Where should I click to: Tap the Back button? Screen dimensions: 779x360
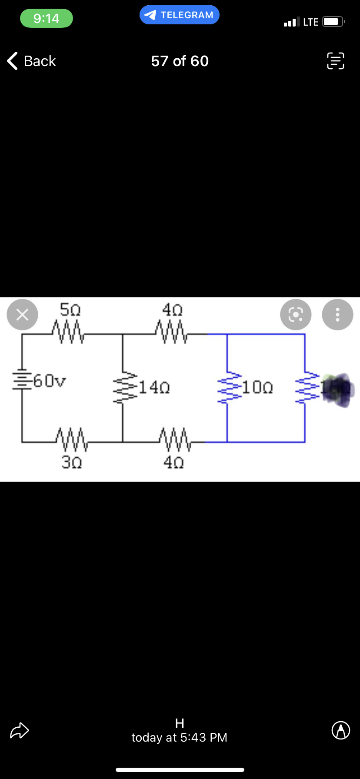[32, 61]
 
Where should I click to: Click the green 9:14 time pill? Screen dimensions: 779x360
[47, 18]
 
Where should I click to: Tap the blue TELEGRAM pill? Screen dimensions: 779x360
[180, 15]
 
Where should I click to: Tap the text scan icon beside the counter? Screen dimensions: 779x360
[335, 61]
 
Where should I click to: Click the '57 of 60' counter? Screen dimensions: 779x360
[180, 61]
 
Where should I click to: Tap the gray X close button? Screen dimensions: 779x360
[22, 314]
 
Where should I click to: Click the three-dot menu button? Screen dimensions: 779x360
[337, 314]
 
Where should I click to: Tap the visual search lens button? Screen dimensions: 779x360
[296, 314]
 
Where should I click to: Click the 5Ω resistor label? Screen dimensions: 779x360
[70, 310]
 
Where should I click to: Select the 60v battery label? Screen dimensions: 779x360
[50, 381]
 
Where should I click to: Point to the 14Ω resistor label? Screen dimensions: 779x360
[154, 386]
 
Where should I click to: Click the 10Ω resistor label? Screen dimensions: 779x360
[257, 386]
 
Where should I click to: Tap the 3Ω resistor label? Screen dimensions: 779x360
[71, 462]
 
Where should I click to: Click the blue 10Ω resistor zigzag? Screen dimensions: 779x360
[227, 387]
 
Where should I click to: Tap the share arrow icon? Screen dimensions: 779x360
[20, 730]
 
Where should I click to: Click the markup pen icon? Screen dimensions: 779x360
[341, 730]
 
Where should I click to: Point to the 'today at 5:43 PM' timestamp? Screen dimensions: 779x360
[180, 737]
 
